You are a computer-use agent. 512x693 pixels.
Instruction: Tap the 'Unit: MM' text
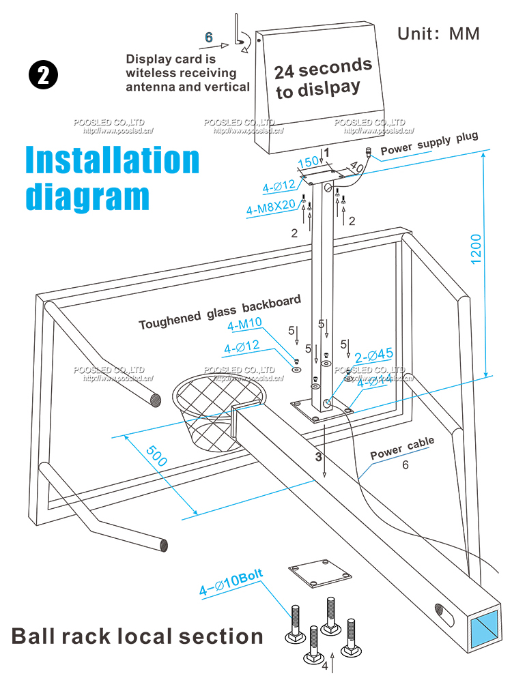click(438, 34)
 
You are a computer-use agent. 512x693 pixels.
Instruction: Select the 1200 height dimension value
click(476, 249)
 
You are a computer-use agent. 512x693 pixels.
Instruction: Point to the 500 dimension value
click(156, 452)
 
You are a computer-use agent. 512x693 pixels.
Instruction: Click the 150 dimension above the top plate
click(309, 162)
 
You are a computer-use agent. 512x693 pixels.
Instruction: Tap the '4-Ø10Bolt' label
click(231, 582)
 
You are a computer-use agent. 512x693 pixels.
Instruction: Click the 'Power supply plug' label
click(429, 143)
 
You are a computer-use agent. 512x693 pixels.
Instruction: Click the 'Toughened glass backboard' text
click(220, 313)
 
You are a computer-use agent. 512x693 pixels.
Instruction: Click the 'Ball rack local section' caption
click(137, 636)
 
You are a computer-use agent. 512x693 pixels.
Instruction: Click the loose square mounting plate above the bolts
click(319, 572)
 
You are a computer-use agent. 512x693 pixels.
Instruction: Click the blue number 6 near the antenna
click(209, 37)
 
